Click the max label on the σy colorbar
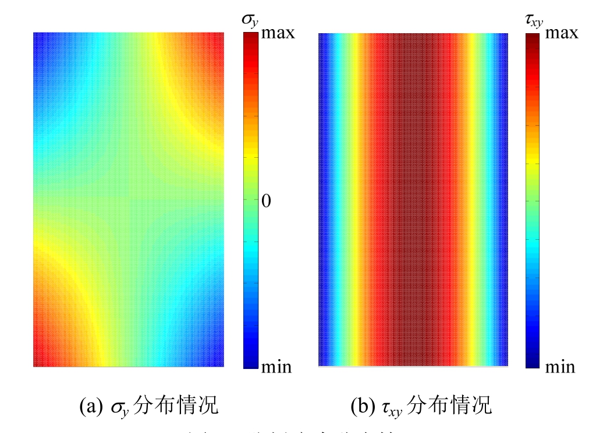tap(278, 33)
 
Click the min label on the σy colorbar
tap(276, 367)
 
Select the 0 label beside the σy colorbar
tap(266, 201)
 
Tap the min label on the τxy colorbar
tap(559, 367)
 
